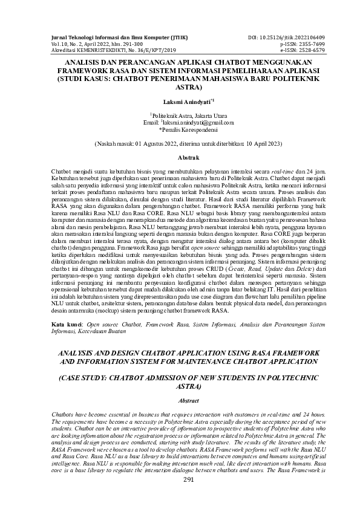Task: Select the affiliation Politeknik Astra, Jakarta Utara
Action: click(x=180, y=114)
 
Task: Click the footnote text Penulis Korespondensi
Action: click(x=181, y=129)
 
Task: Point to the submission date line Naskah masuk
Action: click(x=180, y=145)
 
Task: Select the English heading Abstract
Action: click(x=180, y=400)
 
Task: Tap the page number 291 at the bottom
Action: click(x=180, y=479)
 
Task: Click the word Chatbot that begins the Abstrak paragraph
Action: click(x=62, y=172)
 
